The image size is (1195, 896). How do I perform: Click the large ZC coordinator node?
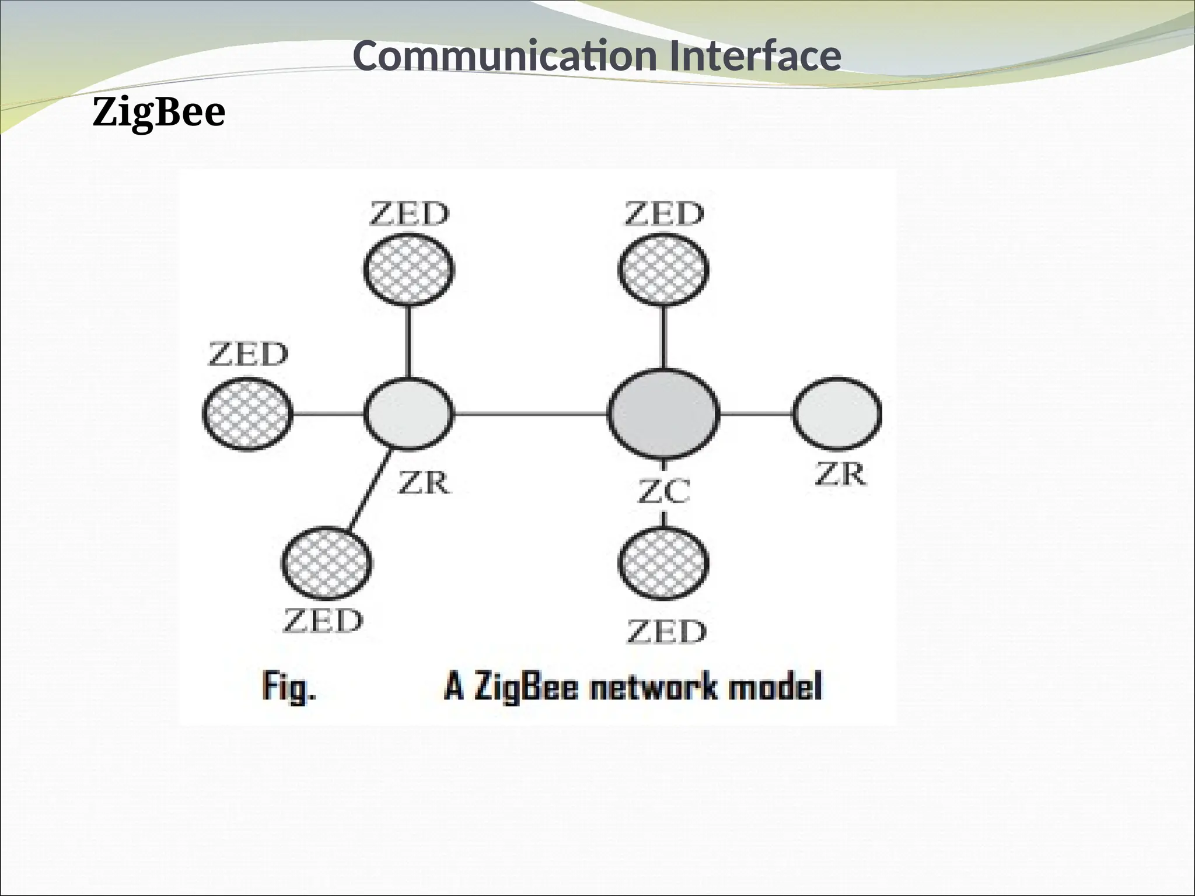pos(664,414)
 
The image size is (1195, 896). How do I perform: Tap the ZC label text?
pos(664,491)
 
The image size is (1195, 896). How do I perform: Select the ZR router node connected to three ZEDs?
pos(408,414)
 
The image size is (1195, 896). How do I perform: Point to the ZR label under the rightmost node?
pos(841,474)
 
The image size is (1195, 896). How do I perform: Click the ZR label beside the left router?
pos(424,484)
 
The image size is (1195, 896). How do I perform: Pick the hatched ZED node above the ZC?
pos(663,269)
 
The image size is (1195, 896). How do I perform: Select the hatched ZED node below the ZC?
pos(663,563)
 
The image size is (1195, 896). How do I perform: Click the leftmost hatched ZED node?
pos(247,414)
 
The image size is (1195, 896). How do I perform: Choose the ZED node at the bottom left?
pos(327,563)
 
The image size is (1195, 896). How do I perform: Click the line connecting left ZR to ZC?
pos(530,414)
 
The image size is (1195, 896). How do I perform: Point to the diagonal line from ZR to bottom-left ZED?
pos(369,490)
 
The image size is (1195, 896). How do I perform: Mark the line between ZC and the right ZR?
pos(756,414)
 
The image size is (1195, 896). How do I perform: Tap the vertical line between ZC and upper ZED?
pos(664,337)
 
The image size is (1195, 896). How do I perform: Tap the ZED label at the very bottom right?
pos(666,632)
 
